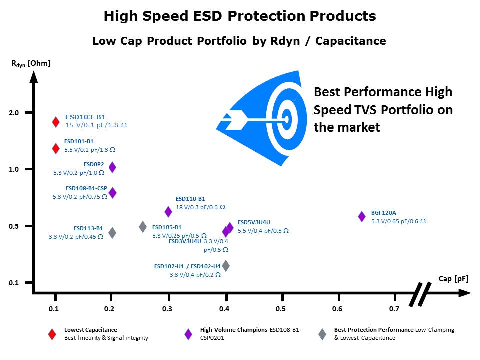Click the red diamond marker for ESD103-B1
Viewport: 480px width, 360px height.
pyautogui.click(x=56, y=122)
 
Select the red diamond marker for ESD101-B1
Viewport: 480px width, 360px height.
pyautogui.click(x=56, y=148)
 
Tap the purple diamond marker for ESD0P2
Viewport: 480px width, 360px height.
pyautogui.click(x=112, y=167)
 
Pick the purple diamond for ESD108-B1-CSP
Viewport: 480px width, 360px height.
pyautogui.click(x=112, y=192)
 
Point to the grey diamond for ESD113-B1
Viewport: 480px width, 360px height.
pyautogui.click(x=112, y=232)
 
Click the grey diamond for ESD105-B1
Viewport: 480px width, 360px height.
pyautogui.click(x=143, y=226)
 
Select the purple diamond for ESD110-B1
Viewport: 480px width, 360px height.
pyautogui.click(x=168, y=212)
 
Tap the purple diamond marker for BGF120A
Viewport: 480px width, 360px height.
pyautogui.click(x=362, y=216)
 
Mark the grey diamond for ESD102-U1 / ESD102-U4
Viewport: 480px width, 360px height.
pyautogui.click(x=226, y=265)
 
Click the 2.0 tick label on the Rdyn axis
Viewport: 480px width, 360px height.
pyautogui.click(x=15, y=113)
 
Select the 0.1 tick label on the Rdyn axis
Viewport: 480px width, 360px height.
pyautogui.click(x=15, y=283)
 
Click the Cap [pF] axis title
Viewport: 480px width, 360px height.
pyautogui.click(x=453, y=279)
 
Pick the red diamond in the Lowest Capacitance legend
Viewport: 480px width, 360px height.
pyautogui.click(x=52, y=334)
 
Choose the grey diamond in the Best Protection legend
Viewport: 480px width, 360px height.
pyautogui.click(x=323, y=334)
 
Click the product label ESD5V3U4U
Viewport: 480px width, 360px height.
pyautogui.click(x=254, y=222)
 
